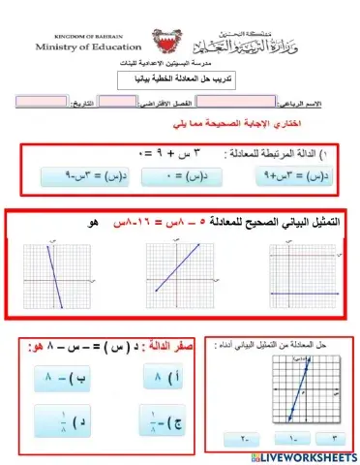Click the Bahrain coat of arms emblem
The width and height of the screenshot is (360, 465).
pyautogui.click(x=163, y=44)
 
